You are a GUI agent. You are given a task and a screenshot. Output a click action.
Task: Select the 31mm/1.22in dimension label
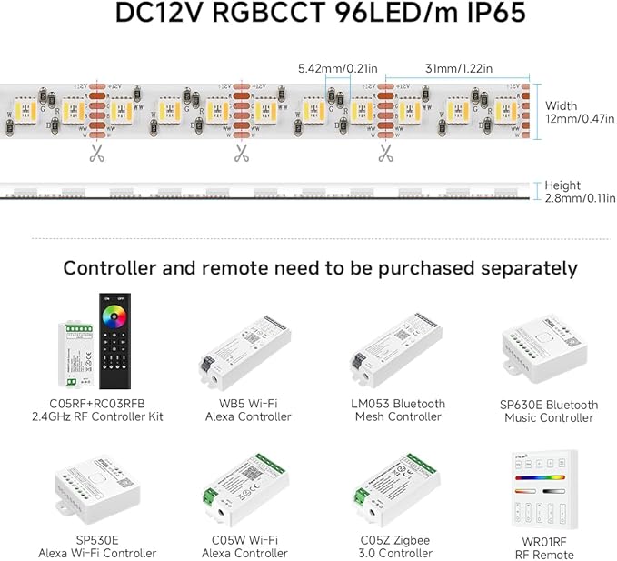click(459, 68)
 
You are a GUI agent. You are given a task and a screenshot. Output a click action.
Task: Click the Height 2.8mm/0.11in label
click(580, 192)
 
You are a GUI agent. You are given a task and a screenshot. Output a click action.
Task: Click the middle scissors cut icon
click(241, 153)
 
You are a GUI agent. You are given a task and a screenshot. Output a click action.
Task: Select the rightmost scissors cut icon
click(385, 153)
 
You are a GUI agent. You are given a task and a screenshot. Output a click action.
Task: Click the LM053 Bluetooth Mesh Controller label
click(396, 410)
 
